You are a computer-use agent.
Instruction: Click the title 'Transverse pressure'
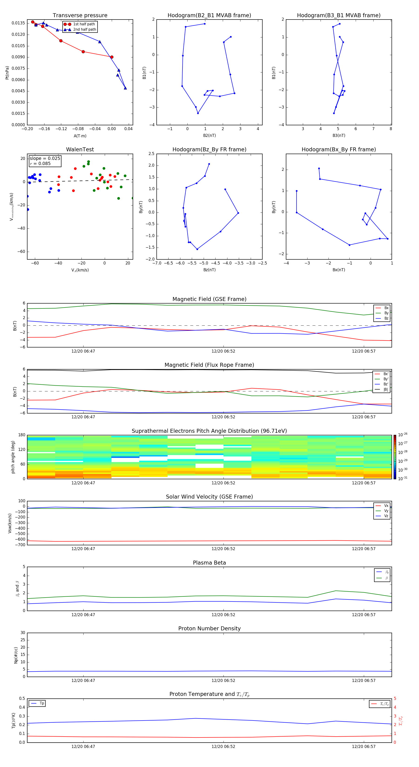point(80,16)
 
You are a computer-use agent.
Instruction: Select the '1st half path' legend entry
point(84,24)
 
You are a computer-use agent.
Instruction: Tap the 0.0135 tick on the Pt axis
point(18,23)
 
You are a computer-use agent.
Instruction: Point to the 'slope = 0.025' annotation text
point(45,159)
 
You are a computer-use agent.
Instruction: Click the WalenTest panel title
point(80,149)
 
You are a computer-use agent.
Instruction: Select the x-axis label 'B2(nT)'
point(209,136)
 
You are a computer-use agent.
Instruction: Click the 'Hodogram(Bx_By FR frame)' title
point(338,149)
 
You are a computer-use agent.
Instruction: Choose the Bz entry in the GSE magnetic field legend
point(386,318)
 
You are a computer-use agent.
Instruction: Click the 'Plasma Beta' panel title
point(209,563)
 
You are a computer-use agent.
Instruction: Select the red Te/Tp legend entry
point(384,704)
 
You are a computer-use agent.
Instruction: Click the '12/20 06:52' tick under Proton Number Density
point(223,680)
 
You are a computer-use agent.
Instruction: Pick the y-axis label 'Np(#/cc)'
point(16,655)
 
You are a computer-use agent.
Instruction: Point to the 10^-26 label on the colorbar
point(403,435)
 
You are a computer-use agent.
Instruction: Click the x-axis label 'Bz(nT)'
point(209,270)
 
